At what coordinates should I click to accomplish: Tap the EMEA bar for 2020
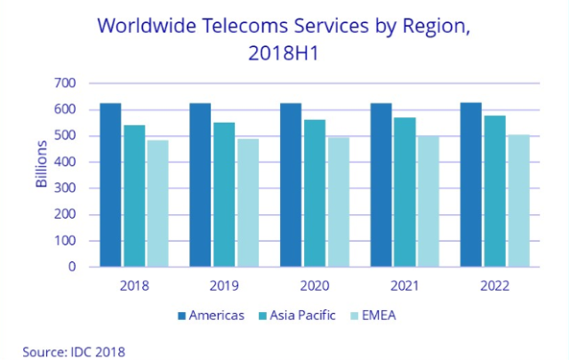(x=338, y=202)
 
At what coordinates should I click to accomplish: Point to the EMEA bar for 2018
(x=157, y=204)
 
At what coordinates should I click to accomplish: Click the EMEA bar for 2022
(x=518, y=201)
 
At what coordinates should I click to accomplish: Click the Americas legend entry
(x=211, y=316)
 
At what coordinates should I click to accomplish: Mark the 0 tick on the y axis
(x=72, y=267)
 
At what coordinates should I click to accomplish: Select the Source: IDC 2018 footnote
(x=75, y=350)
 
